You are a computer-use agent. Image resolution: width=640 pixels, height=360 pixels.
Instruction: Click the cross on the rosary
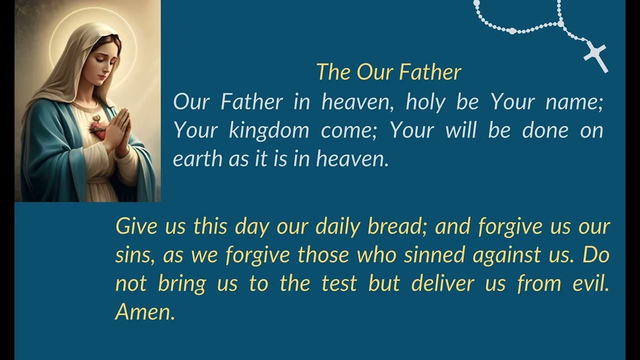(x=596, y=56)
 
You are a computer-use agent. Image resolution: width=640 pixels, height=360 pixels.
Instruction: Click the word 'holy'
(x=426, y=102)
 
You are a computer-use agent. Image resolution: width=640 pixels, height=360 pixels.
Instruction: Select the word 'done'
(x=545, y=130)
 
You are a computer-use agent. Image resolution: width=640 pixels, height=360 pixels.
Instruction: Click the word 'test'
(x=339, y=284)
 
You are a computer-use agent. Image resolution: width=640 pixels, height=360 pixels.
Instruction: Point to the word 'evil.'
(x=590, y=284)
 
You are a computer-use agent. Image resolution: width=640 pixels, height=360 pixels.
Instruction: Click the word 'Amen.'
(x=145, y=312)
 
